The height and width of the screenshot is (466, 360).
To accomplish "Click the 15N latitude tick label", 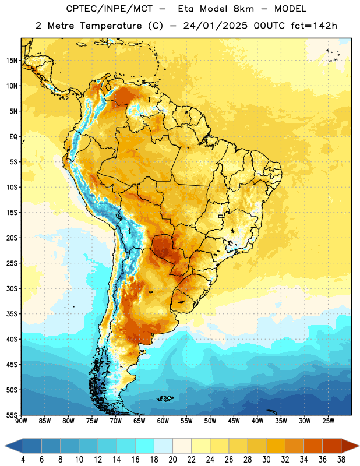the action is pos(12,61).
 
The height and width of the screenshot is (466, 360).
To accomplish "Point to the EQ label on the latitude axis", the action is pos(13,137).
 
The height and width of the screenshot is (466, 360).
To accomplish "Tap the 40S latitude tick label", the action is pos(12,339).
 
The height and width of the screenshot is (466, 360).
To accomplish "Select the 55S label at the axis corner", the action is pos(12,415).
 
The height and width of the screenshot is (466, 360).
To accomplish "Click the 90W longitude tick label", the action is pos(21,421).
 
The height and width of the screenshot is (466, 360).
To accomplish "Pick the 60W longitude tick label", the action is pos(163,421).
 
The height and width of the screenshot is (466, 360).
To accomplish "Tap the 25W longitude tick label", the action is pos(328,421).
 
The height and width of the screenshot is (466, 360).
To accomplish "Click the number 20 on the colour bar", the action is pos(172,460).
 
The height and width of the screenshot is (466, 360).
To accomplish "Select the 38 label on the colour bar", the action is pos(341,460).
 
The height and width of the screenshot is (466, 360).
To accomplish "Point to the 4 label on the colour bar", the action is pos(23,460).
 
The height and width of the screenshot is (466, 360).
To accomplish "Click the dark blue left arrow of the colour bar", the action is pos(14,446).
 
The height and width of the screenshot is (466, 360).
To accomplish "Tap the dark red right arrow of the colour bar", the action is pos(350,446).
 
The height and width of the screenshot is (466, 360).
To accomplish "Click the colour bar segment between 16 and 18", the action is pos(144,446).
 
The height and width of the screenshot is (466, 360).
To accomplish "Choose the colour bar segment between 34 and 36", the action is pos(313,446).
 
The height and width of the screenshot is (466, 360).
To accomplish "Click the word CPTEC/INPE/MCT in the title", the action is pos(109,9).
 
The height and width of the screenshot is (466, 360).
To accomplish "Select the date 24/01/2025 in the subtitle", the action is pos(215,26).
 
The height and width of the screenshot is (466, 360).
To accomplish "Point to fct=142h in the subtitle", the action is pos(314,26).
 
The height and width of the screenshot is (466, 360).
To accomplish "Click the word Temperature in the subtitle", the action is pos(111,26).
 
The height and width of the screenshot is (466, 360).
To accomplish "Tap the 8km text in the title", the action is pos(243,9).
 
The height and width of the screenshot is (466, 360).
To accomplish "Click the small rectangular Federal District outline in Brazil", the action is pos(221,216).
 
